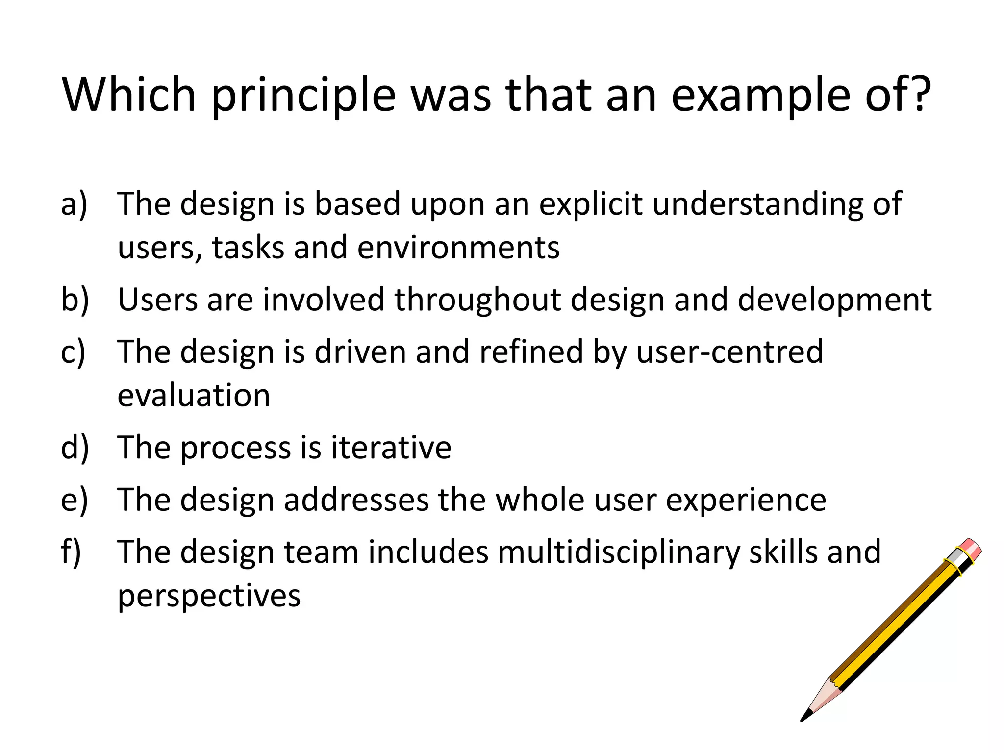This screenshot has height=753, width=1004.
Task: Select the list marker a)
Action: coord(74,203)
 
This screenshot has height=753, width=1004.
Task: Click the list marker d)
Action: coord(75,447)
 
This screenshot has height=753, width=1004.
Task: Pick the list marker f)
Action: coord(71,552)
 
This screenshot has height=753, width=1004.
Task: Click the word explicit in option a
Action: coord(590,204)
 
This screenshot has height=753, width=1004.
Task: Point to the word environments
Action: coord(458,248)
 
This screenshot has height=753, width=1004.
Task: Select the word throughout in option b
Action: coord(477,300)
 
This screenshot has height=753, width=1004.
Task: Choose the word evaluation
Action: coord(194,395)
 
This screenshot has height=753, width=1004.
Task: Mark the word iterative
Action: coord(391,447)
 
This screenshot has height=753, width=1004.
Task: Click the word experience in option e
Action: coord(746,500)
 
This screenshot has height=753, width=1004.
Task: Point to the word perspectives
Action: coord(209,596)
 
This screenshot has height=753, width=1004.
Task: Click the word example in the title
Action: coord(760,96)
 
